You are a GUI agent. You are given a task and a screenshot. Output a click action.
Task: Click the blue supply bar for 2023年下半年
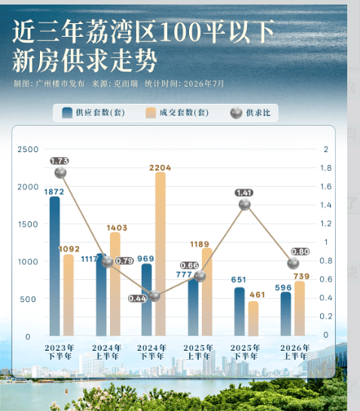[x=55, y=266]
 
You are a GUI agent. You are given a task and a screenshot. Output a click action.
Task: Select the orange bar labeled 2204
[x=160, y=254]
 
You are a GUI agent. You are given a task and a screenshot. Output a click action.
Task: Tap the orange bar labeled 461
[x=253, y=318]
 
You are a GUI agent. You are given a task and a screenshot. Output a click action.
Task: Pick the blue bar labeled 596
[x=285, y=314]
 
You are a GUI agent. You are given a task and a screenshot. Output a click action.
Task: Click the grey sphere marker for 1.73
[x=60, y=172]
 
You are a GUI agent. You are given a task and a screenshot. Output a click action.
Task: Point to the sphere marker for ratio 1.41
[x=245, y=205]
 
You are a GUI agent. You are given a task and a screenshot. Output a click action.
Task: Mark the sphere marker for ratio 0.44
[x=154, y=296]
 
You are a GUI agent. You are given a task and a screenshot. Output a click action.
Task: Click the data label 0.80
[x=301, y=251]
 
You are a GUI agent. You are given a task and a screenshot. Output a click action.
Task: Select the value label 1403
[x=117, y=228]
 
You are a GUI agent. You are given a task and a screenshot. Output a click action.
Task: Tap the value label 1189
[x=200, y=245]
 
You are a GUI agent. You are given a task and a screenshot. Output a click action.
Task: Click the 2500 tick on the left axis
[x=28, y=149]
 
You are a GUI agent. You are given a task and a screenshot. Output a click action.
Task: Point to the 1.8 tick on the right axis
[x=326, y=168]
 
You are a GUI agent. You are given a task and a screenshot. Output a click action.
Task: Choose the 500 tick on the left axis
[x=28, y=299]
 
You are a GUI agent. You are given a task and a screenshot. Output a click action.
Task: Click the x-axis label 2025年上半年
[x=198, y=352]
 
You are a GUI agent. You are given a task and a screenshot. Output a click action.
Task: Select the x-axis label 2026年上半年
[x=295, y=352]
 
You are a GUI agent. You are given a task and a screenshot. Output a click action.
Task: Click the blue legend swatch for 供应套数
[x=67, y=113]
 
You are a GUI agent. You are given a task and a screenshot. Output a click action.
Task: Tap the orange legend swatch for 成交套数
[x=151, y=113]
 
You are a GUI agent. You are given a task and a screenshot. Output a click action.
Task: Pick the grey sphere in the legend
[x=236, y=113]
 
